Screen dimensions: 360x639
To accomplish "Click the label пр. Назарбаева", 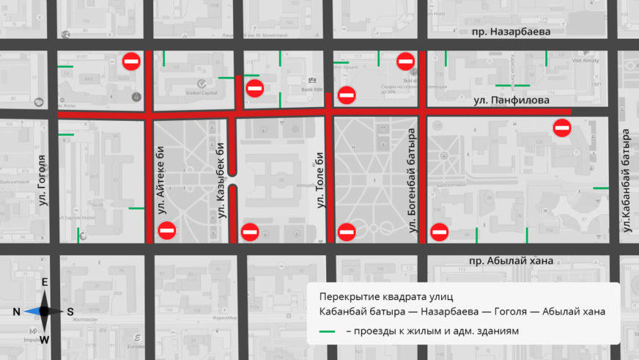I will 511,32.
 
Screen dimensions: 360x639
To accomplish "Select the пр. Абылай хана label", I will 511,262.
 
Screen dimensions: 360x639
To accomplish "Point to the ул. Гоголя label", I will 42,179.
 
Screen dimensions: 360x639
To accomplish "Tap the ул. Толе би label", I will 319,180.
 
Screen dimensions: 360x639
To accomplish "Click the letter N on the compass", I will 16,312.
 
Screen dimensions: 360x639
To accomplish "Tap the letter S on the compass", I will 70,312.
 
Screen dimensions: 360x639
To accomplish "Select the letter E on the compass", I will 44,283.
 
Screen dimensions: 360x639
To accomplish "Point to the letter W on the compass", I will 44,339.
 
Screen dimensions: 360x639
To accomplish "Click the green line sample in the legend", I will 328,331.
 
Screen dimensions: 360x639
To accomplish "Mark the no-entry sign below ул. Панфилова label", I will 562,128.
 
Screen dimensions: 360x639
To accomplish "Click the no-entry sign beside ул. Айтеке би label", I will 167,231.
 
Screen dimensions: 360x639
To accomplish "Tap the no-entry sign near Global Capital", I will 132,61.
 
